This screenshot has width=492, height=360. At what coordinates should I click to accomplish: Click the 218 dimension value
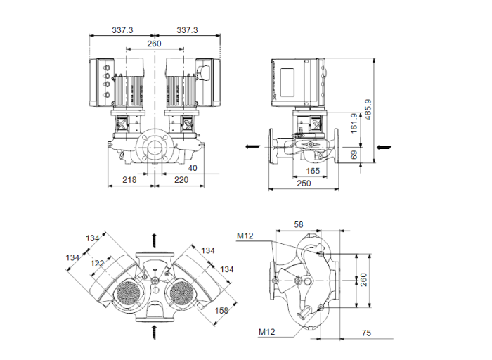point(129,180)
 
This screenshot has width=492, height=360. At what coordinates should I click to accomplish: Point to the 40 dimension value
point(193,168)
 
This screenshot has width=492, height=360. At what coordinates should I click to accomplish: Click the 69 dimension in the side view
point(354,155)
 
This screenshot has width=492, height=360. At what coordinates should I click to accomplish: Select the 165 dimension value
point(313,171)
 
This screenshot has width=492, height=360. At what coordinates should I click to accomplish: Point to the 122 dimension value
point(97,263)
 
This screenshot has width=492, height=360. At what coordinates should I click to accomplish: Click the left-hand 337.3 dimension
point(122,30)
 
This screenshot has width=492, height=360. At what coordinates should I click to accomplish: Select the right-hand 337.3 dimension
point(187,30)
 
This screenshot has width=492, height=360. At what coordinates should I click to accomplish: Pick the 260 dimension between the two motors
point(154,44)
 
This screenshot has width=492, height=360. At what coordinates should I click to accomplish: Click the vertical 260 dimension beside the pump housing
point(364,280)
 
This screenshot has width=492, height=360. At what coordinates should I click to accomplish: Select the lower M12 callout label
point(266,331)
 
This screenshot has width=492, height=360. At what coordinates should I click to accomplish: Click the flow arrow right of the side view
point(383,148)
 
